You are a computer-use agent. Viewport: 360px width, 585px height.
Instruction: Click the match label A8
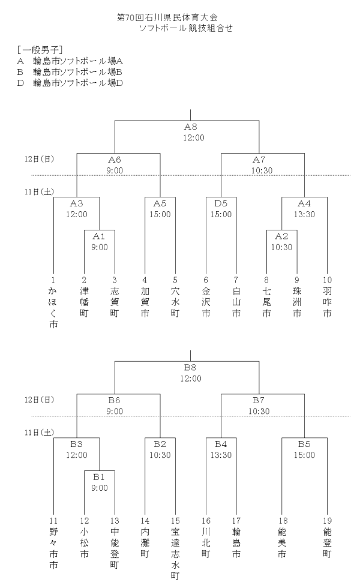[x=191, y=127]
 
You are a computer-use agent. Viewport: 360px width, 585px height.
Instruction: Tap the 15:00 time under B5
[x=305, y=455]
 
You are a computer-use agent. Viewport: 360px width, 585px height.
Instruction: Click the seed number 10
[x=328, y=280]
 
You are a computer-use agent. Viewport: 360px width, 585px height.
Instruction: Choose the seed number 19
[x=328, y=520]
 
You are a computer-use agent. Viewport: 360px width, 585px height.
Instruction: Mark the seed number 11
[x=54, y=520]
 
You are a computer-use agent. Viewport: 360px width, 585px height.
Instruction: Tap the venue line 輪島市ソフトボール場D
[x=70, y=83]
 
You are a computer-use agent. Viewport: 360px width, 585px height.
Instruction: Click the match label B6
[x=115, y=400]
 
